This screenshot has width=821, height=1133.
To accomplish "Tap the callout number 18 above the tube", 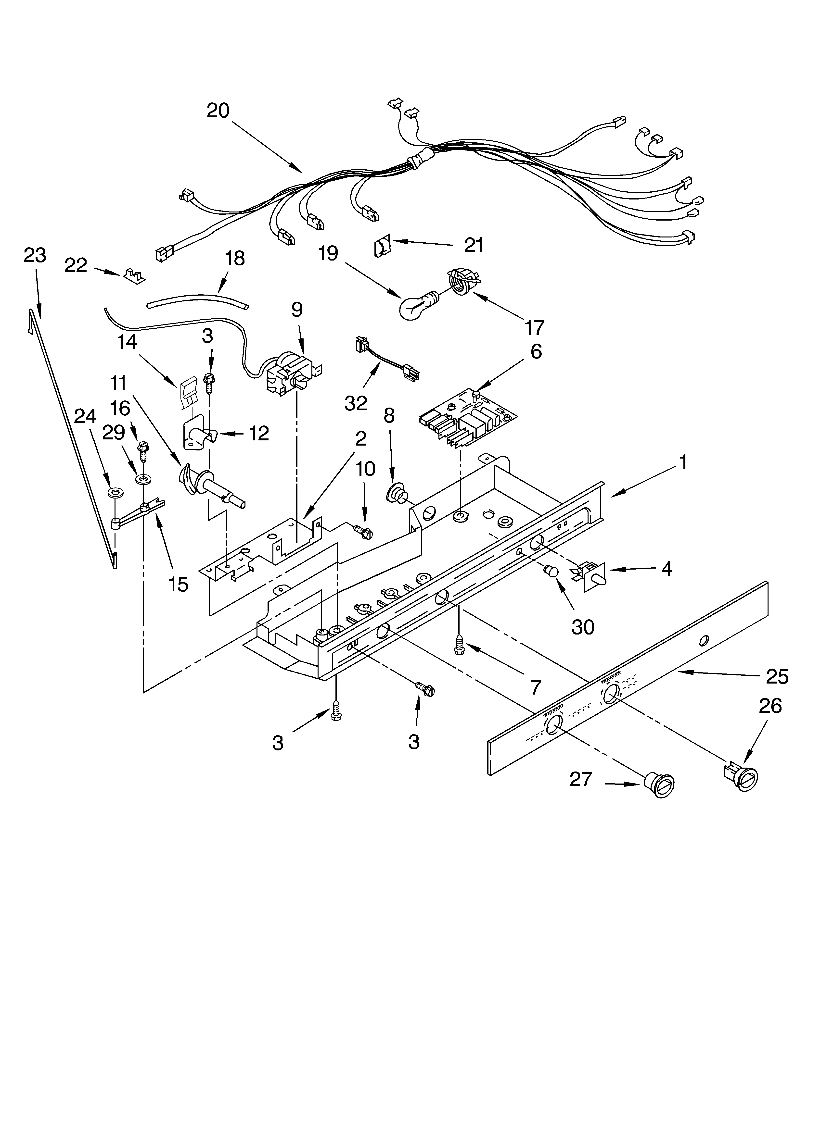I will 234,258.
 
